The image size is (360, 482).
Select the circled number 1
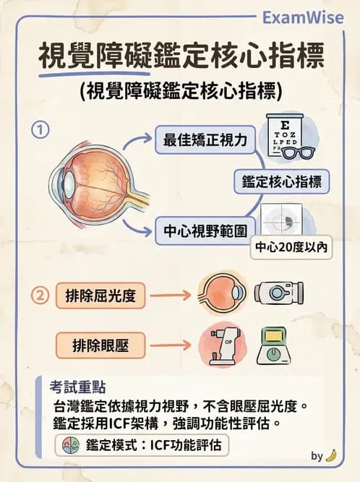pos(42,130)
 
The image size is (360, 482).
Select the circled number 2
pos(42,295)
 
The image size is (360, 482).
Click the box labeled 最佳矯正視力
pos(205,140)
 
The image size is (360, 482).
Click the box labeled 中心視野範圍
pos(205,231)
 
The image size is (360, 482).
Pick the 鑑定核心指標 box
pos(281,181)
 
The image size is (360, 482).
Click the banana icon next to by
pos(331,456)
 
